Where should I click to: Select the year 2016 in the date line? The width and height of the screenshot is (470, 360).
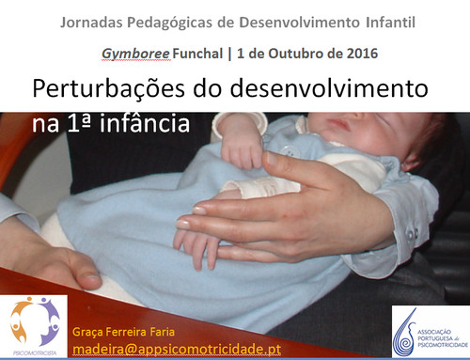(x=358, y=53)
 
